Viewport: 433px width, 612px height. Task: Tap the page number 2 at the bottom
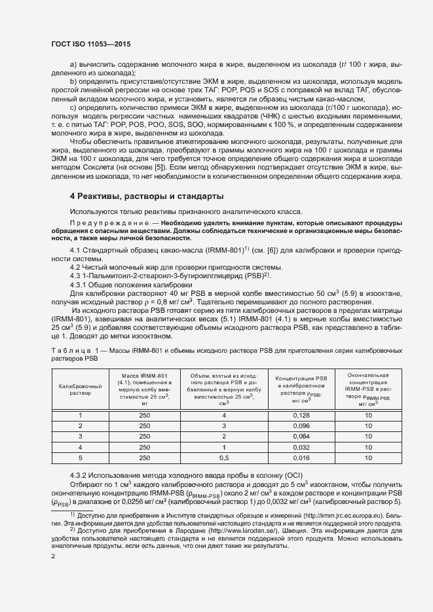[x=53, y=556]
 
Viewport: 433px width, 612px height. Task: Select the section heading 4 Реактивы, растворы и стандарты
[x=147, y=196]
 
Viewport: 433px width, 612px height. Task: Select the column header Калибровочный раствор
[x=80, y=390]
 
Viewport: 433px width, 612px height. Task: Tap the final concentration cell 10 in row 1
[x=368, y=416]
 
